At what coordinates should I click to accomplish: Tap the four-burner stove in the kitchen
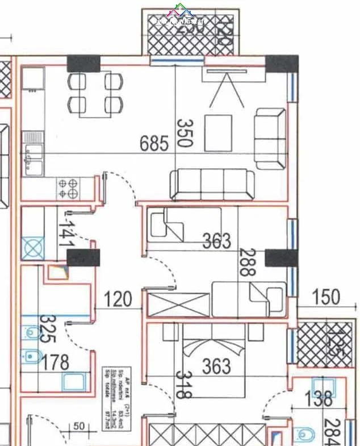68,188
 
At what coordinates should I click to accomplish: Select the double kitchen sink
33,159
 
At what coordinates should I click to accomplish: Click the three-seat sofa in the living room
212,185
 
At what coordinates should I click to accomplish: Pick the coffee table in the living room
218,133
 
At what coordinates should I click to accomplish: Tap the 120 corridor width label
118,299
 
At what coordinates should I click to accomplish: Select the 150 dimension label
326,297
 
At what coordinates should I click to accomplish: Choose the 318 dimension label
182,385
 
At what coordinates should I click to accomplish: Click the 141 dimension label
67,234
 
